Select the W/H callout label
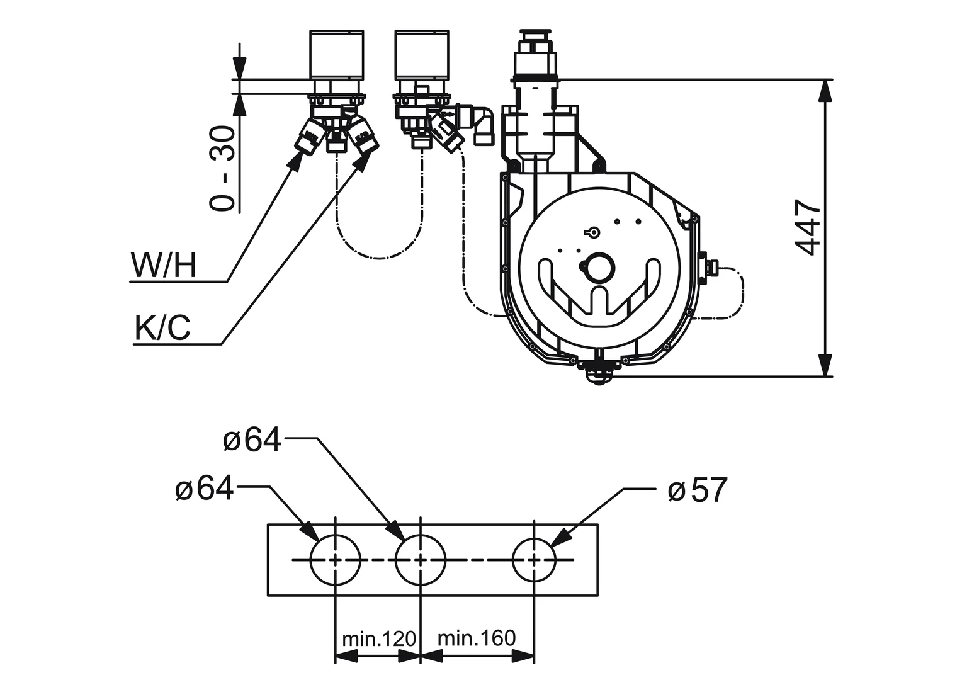[x=164, y=266]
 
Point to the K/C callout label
[x=162, y=328]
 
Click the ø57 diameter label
[x=697, y=490]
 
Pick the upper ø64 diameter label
[x=252, y=441]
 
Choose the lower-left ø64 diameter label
[x=205, y=489]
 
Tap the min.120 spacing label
[x=378, y=640]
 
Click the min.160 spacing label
[x=477, y=638]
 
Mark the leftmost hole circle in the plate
[x=336, y=559]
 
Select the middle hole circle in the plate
[x=421, y=559]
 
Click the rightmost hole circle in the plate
[x=535, y=559]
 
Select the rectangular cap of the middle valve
[x=421, y=54]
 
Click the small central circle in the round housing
[x=597, y=267]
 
